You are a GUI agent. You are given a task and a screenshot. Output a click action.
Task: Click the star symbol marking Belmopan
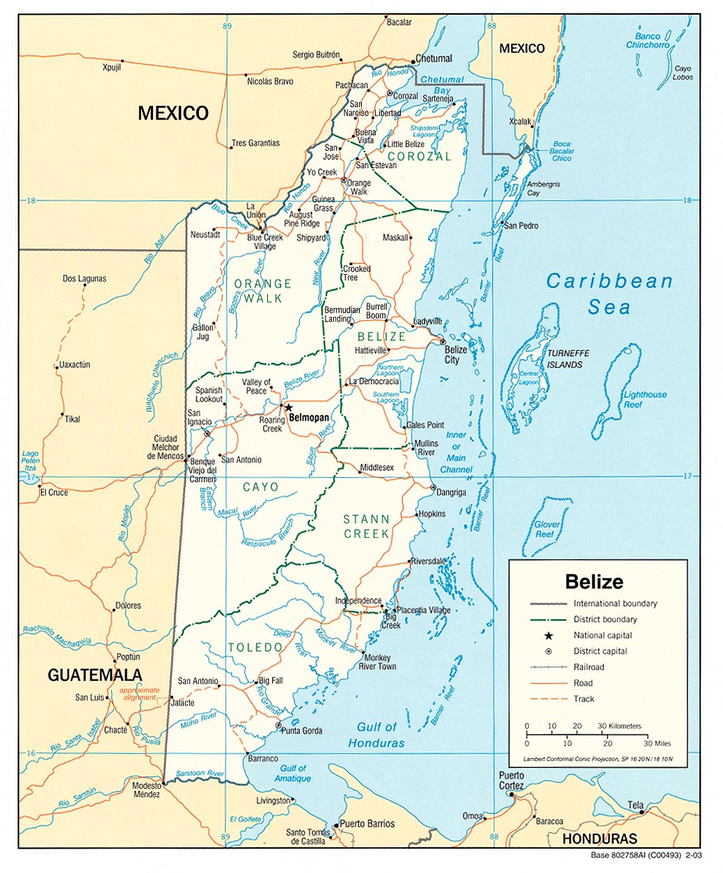click(288, 408)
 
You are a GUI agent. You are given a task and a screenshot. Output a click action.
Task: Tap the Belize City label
click(456, 355)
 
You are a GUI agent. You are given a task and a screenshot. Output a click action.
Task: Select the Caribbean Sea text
click(610, 294)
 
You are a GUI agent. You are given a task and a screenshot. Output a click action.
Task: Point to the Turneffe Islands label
click(564, 359)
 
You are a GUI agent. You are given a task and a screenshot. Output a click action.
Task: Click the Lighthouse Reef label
click(644, 399)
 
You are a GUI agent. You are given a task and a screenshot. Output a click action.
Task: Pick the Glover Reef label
click(546, 529)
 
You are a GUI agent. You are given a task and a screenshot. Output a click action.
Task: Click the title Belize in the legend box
click(594, 582)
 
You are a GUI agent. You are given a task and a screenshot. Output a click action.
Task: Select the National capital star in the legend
click(548, 635)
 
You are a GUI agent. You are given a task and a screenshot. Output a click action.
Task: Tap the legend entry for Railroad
click(589, 667)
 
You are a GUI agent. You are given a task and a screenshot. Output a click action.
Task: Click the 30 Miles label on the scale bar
click(657, 743)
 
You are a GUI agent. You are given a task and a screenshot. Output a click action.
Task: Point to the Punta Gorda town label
click(302, 730)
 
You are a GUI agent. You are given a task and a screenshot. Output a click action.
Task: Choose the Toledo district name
click(255, 648)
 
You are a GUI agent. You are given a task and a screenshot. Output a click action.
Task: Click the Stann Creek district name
click(366, 527)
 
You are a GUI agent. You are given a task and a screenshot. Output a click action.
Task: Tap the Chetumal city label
click(434, 58)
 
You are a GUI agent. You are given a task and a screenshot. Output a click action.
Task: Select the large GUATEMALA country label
click(95, 675)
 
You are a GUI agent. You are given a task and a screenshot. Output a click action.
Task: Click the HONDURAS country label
click(599, 839)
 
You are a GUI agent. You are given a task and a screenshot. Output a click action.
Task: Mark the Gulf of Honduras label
click(376, 735)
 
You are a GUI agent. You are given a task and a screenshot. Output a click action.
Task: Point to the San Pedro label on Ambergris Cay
click(521, 226)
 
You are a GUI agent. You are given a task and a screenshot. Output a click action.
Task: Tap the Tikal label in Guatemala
click(72, 419)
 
